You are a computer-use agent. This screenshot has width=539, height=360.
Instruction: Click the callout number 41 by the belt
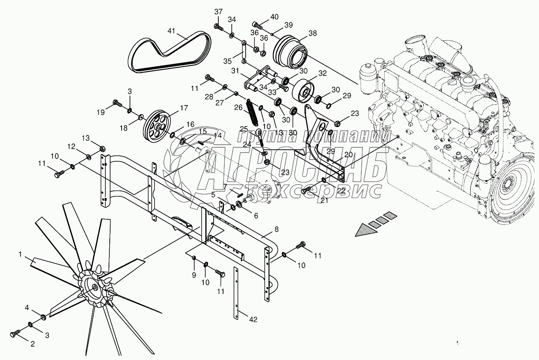[171, 31]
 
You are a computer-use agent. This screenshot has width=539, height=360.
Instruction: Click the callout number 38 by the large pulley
[312, 34]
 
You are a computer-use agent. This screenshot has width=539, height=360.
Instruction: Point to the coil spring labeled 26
[252, 112]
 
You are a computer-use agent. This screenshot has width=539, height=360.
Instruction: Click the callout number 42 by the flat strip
[253, 319]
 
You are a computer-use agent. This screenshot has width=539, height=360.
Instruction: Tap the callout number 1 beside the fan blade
[20, 254]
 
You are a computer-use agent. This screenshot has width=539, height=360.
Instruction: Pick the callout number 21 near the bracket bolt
[324, 201]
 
